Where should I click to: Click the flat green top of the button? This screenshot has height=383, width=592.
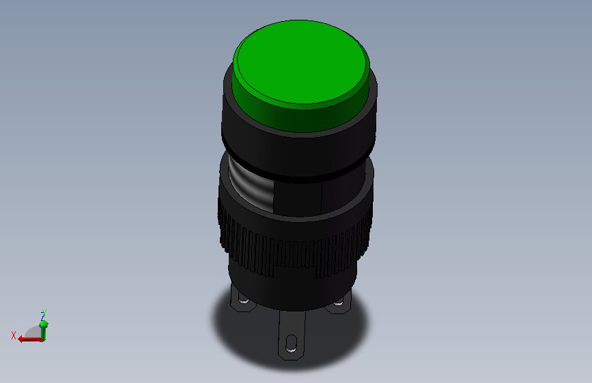pyautogui.click(x=301, y=62)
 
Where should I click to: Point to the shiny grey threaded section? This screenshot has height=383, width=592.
pyautogui.click(x=251, y=187)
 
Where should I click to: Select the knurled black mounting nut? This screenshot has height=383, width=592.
pyautogui.click(x=294, y=241)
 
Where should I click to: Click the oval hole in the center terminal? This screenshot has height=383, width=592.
pyautogui.click(x=291, y=343)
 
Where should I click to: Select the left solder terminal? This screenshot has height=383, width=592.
pyautogui.click(x=242, y=300)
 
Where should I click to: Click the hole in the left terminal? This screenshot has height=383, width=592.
pyautogui.click(x=244, y=300)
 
